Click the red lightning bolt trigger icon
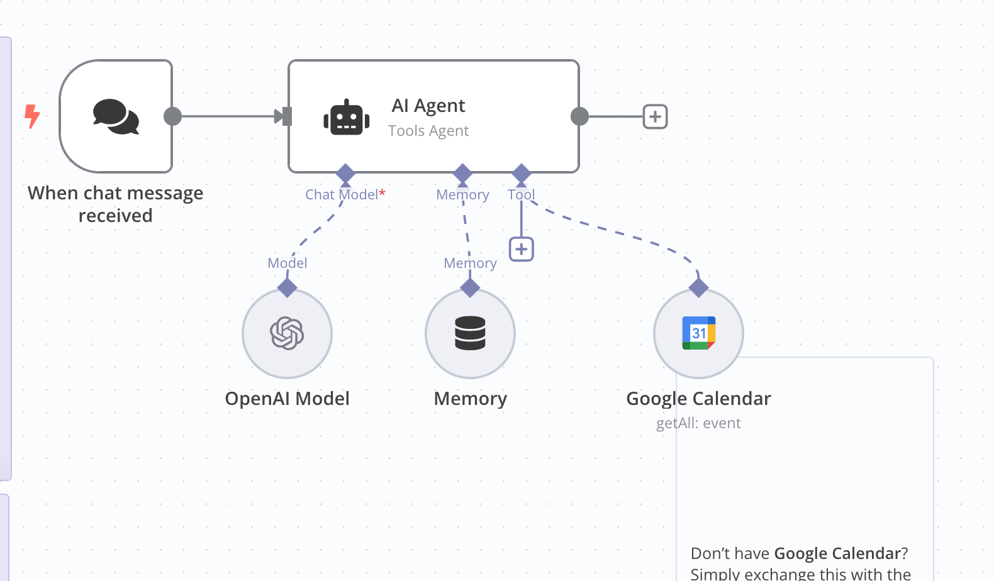[32, 116]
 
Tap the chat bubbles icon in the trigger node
[116, 116]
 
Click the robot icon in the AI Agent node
[347, 117]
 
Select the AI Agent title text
[428, 106]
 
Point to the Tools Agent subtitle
[428, 131]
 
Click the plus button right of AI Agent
[655, 117]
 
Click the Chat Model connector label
[342, 194]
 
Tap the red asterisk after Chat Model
[382, 192]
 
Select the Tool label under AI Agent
[521, 194]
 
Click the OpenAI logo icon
[287, 333]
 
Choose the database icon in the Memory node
[470, 333]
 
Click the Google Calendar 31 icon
[698, 333]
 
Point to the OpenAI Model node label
[287, 398]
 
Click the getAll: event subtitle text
[698, 423]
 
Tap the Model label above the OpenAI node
[287, 263]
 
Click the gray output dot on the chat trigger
[172, 116]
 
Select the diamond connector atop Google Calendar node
[698, 288]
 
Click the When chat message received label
[115, 204]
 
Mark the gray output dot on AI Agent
[579, 116]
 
